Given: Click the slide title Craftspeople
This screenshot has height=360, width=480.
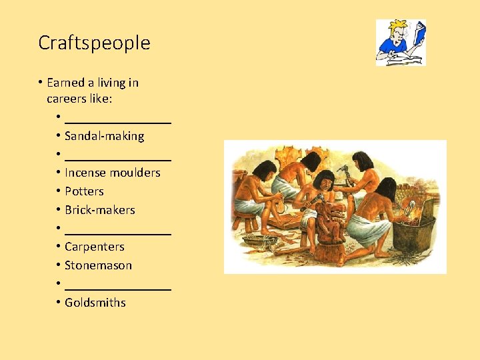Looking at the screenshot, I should click(94, 43).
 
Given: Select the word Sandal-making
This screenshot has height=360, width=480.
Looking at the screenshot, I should click(104, 136).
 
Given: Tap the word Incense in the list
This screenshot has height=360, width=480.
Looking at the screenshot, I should click(85, 173).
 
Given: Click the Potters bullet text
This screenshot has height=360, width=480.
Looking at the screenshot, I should click(84, 191).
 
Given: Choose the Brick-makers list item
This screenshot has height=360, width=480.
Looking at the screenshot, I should click(99, 210).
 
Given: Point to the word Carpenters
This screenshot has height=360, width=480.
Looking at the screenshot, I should click(94, 247).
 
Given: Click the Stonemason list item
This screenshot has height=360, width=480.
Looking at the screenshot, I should click(98, 265).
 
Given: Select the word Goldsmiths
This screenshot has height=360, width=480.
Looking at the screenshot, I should click(95, 303).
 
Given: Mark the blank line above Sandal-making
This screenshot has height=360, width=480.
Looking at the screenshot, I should click(118, 122).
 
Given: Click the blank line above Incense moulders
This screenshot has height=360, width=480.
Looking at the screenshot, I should click(118, 159).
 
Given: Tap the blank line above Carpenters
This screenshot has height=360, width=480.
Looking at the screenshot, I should click(118, 233).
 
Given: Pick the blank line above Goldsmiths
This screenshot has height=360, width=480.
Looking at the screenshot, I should click(118, 288).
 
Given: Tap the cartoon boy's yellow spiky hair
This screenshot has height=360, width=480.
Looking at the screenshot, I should click(398, 25).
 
